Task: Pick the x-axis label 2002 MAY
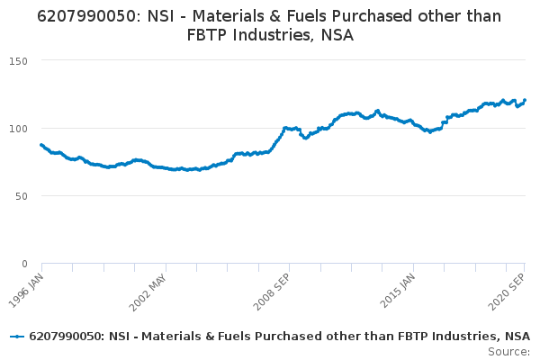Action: (148, 291)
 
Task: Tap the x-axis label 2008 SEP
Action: (272, 291)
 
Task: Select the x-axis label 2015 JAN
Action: (397, 291)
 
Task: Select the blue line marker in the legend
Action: (17, 336)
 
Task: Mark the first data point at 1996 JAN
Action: (41, 144)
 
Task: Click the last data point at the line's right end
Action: (525, 100)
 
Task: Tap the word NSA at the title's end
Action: (335, 36)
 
